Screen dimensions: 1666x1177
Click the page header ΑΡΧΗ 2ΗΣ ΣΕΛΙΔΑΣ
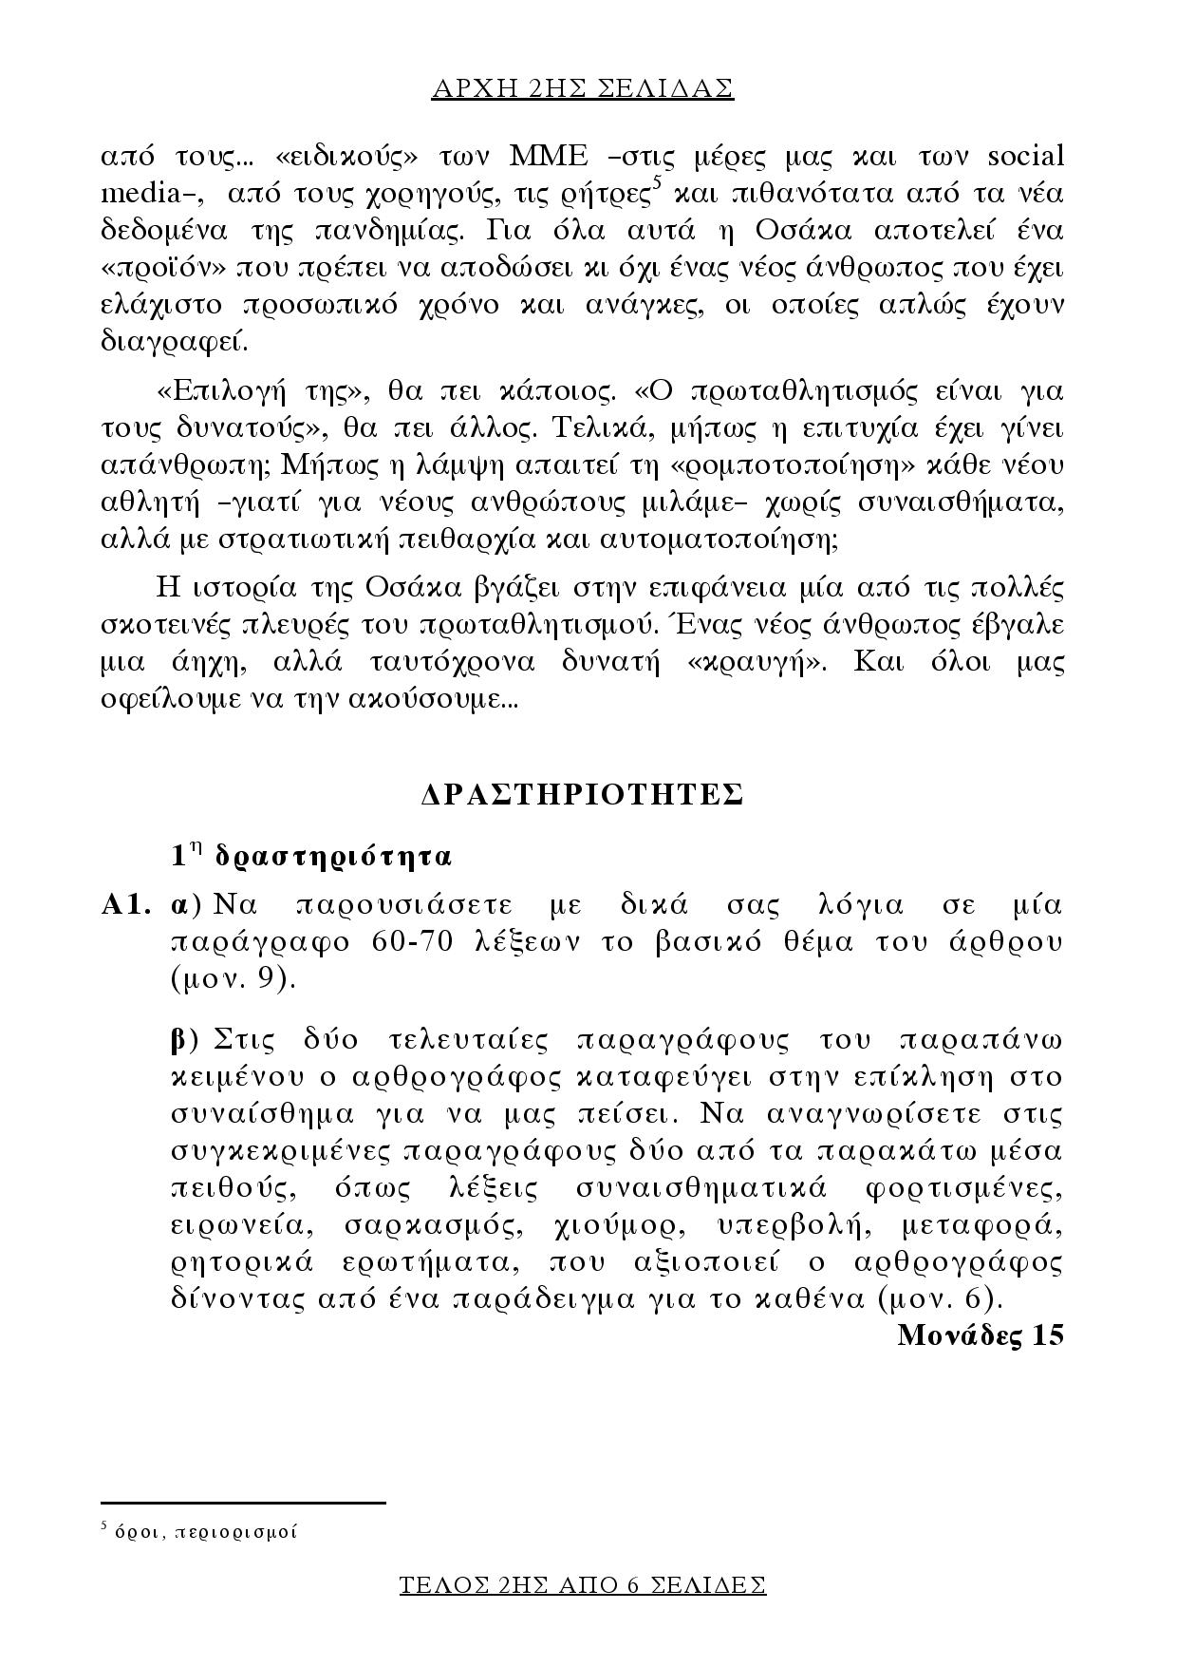click(x=583, y=89)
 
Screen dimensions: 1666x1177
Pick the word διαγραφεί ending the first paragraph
click(x=175, y=343)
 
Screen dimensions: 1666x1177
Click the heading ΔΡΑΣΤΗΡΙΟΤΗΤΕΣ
click(x=582, y=796)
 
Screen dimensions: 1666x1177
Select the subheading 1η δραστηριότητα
click(x=311, y=857)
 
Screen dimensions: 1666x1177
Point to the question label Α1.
click(x=126, y=905)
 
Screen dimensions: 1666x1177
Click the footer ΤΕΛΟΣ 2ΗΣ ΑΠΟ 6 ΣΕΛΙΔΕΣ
click(x=583, y=1585)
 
